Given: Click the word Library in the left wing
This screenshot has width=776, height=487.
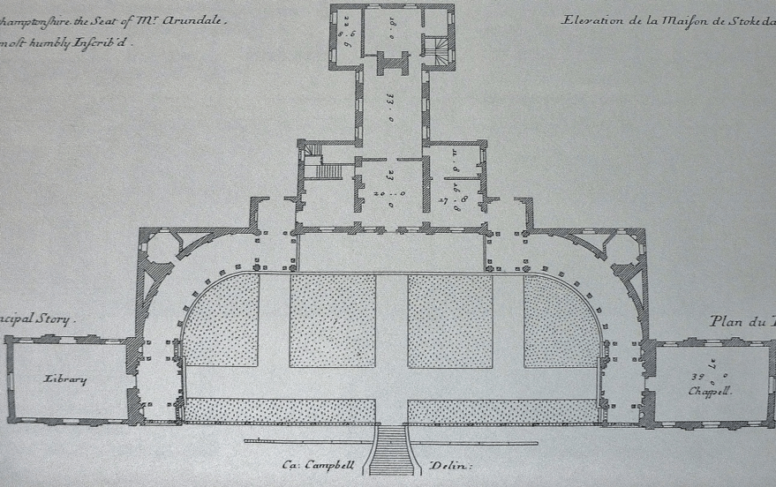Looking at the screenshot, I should (66, 379).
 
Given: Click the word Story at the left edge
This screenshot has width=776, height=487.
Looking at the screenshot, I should (57, 322).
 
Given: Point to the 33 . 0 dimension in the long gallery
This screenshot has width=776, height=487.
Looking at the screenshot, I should (390, 105).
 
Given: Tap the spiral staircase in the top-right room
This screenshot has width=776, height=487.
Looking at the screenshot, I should (433, 48).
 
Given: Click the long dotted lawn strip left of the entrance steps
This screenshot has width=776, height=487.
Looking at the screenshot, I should (280, 410).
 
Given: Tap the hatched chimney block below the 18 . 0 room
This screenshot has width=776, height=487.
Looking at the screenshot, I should (390, 64).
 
